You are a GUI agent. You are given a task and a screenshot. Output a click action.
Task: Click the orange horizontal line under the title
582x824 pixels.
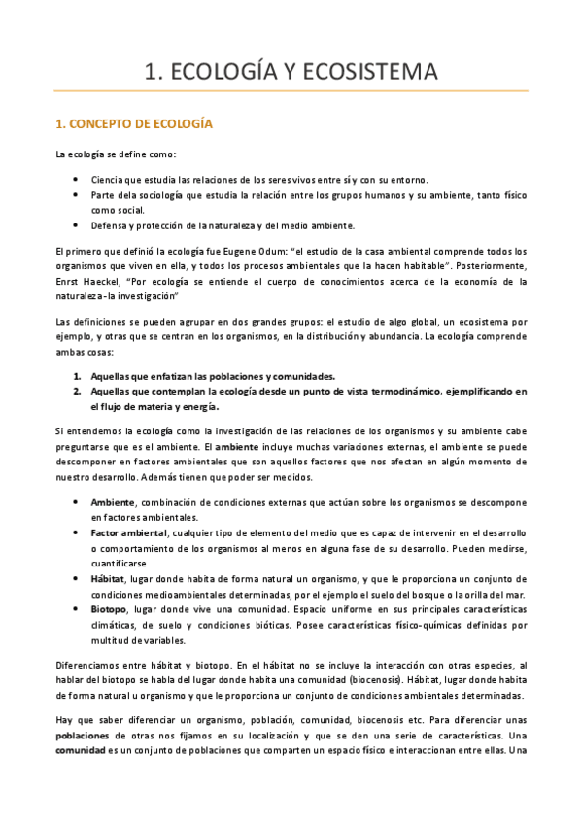[x=291, y=91]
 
